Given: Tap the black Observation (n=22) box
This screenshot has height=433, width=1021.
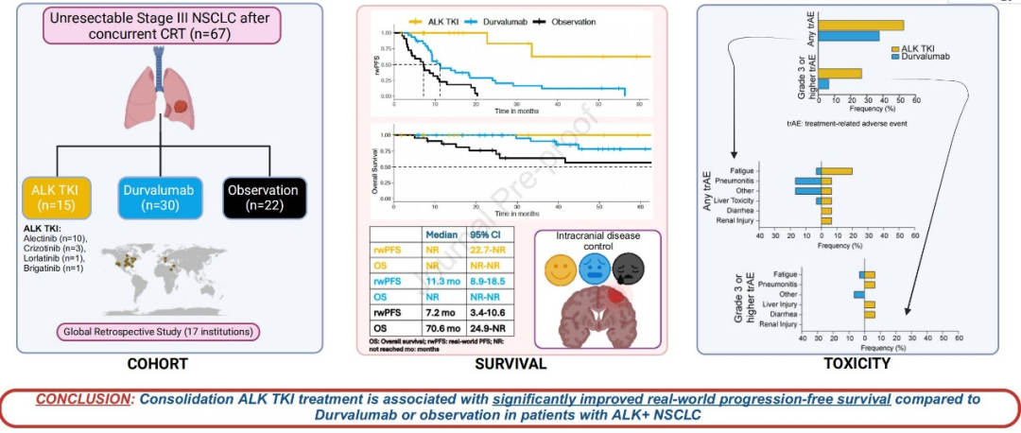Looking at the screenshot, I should pos(264,197).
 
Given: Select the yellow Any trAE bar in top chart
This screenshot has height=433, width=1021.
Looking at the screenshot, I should pos(859,26).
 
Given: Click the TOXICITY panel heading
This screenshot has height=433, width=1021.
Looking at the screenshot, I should pos(857,362).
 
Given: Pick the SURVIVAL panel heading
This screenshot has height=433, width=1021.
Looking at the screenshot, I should pos(511,362).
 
